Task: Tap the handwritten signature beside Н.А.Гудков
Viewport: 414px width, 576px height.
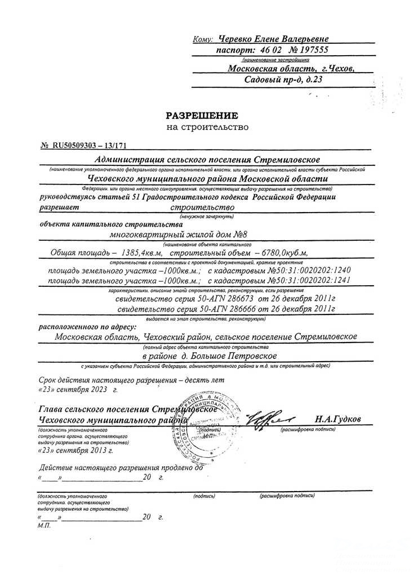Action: coord(275,420)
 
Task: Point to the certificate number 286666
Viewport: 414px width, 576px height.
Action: coord(256,309)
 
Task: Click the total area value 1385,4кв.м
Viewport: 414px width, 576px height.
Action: coord(137,253)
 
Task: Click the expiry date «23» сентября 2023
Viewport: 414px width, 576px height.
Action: coord(79,389)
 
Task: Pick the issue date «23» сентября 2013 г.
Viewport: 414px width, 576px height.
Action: coord(75,451)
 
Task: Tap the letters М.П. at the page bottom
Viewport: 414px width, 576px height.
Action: coord(43,525)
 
